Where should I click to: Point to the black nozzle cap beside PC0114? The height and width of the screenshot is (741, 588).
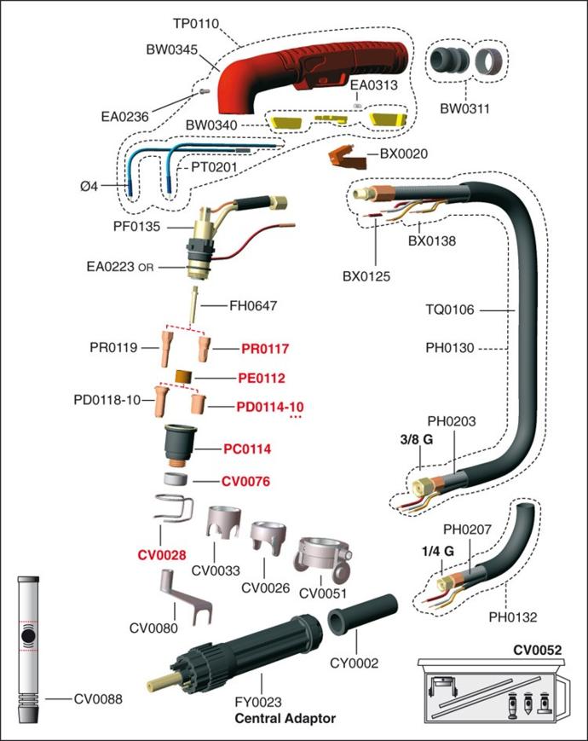coord(180,443)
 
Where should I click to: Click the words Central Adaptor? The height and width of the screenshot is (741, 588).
coord(285,719)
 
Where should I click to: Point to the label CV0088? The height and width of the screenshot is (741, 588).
coord(98,699)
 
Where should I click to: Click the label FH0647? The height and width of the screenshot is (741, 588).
coord(254,305)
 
